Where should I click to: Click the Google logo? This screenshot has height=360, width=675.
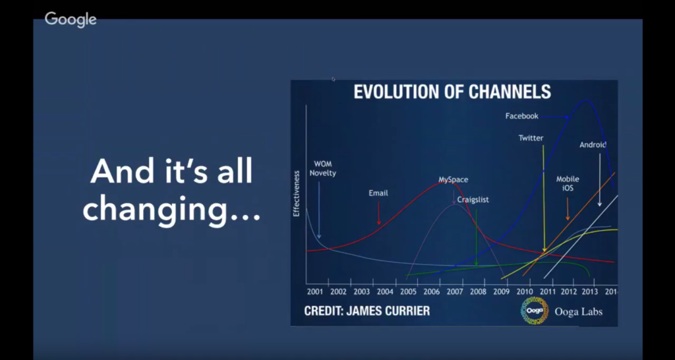pyautogui.click(x=71, y=20)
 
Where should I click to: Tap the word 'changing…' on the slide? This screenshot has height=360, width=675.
pyautogui.click(x=171, y=210)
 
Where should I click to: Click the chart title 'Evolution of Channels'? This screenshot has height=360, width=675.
pyautogui.click(x=452, y=92)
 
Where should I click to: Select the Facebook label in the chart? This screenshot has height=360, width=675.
pyautogui.click(x=522, y=116)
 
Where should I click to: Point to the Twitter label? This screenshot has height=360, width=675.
pyautogui.click(x=531, y=138)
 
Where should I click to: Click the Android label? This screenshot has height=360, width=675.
pyautogui.click(x=593, y=145)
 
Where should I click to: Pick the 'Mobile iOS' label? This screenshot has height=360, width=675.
pyautogui.click(x=568, y=183)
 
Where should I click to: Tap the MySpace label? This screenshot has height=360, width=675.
pyautogui.click(x=454, y=179)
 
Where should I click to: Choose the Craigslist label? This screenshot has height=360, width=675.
pyautogui.click(x=473, y=200)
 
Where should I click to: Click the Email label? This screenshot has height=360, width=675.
pyautogui.click(x=378, y=193)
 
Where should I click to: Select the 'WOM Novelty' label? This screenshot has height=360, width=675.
pyautogui.click(x=323, y=169)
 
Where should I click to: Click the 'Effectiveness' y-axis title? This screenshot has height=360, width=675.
pyautogui.click(x=296, y=193)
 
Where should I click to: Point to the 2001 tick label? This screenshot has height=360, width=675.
pyautogui.click(x=315, y=291)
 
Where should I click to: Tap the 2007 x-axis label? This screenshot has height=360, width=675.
pyautogui.click(x=455, y=291)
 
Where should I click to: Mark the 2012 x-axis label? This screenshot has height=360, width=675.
pyautogui.click(x=569, y=291)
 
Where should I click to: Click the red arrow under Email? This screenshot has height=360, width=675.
pyautogui.click(x=379, y=213)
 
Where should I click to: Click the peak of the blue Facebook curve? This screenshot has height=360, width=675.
pyautogui.click(x=585, y=100)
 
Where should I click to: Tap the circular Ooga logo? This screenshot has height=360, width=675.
pyautogui.click(x=534, y=311)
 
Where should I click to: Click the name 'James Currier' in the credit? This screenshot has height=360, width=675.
pyautogui.click(x=392, y=311)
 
